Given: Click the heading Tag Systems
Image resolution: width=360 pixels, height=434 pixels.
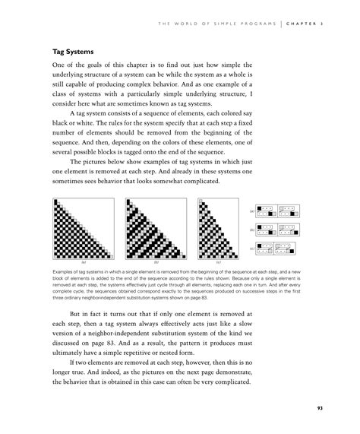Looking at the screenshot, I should tap(72, 53).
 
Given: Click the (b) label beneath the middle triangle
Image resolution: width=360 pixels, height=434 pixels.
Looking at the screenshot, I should tap(156, 261).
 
